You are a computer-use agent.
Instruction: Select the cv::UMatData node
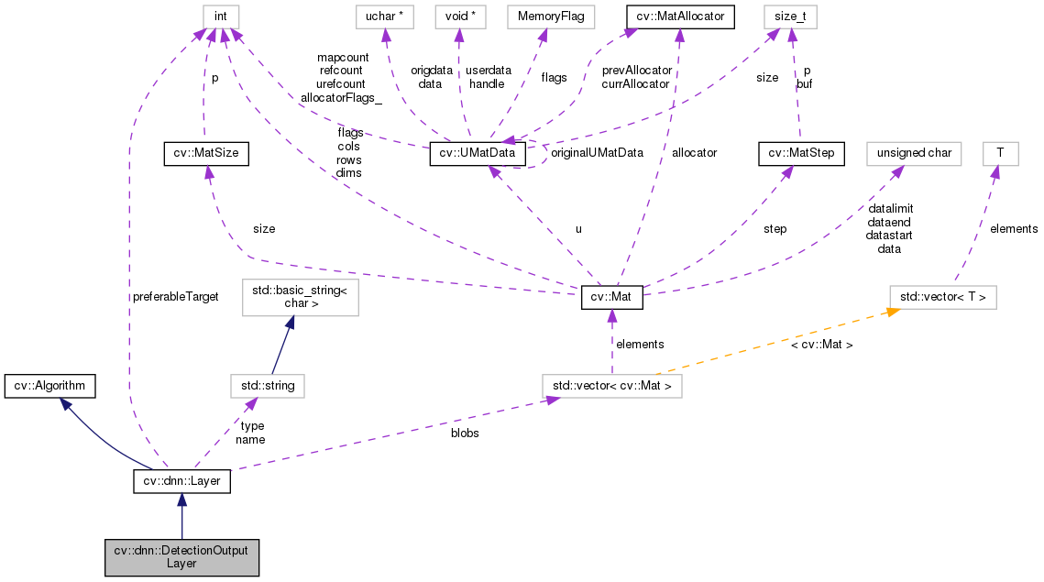[478, 154]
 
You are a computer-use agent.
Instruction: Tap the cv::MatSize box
[205, 154]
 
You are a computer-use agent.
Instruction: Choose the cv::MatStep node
[801, 154]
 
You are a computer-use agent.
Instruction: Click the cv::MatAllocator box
[679, 16]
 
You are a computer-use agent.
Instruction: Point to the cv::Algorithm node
[49, 386]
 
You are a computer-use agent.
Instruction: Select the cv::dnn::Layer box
[181, 480]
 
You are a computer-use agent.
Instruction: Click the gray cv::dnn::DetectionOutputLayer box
[181, 556]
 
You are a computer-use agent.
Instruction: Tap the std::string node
[267, 386]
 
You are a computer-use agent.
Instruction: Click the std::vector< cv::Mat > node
[611, 386]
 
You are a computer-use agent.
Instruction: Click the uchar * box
[386, 16]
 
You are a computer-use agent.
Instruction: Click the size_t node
[790, 16]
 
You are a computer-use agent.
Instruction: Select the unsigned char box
[914, 154]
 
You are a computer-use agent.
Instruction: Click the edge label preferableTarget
[175, 297]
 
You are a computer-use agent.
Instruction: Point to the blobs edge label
[465, 433]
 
